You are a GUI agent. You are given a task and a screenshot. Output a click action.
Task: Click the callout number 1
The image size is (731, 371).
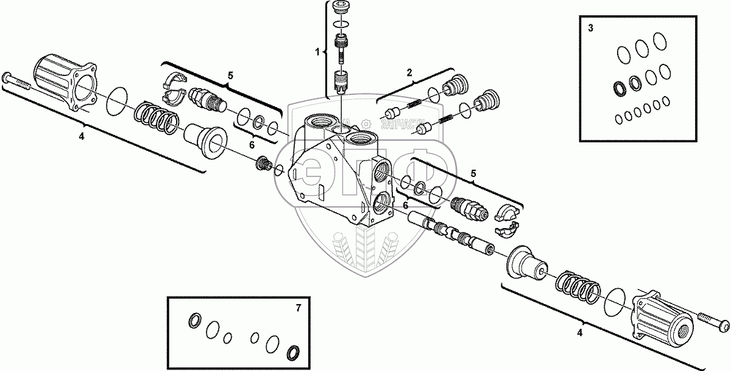(x=317, y=52)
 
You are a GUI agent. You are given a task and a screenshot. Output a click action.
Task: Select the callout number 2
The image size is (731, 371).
(x=409, y=72)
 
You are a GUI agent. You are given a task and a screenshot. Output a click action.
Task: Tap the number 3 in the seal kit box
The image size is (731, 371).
(x=590, y=28)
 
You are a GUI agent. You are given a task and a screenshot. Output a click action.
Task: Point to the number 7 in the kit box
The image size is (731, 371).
(x=298, y=308)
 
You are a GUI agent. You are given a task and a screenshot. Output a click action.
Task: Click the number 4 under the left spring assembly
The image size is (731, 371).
(x=81, y=136)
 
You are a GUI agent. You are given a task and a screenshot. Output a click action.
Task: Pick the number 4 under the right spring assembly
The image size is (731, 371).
(x=579, y=332)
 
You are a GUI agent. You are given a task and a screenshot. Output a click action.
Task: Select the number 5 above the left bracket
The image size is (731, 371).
(x=230, y=75)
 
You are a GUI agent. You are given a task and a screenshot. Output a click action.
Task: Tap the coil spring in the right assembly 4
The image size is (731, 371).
(x=577, y=285)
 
